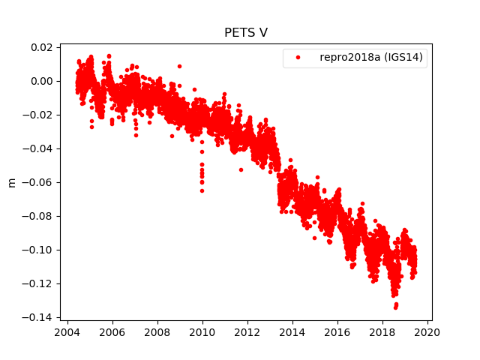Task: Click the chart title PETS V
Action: pos(246,33)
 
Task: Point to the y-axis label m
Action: pos(11,182)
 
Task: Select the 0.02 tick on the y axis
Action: pos(42,47)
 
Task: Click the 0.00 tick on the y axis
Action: pos(42,81)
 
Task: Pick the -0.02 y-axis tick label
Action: pos(40,115)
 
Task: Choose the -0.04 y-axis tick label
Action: pos(40,148)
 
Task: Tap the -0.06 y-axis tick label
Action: pos(40,182)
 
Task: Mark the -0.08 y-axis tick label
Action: pos(40,216)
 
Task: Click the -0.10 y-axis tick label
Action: pos(40,250)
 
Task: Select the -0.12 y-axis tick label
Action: pos(40,283)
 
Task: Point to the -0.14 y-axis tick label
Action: pos(40,317)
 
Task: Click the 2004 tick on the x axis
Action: pos(67,332)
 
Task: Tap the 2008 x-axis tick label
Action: pos(157,332)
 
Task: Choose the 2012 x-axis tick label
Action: pos(247,332)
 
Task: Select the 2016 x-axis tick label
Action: pos(337,332)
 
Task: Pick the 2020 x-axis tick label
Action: pos(427,332)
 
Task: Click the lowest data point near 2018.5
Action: pos(395,307)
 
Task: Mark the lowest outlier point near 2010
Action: pos(202,190)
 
